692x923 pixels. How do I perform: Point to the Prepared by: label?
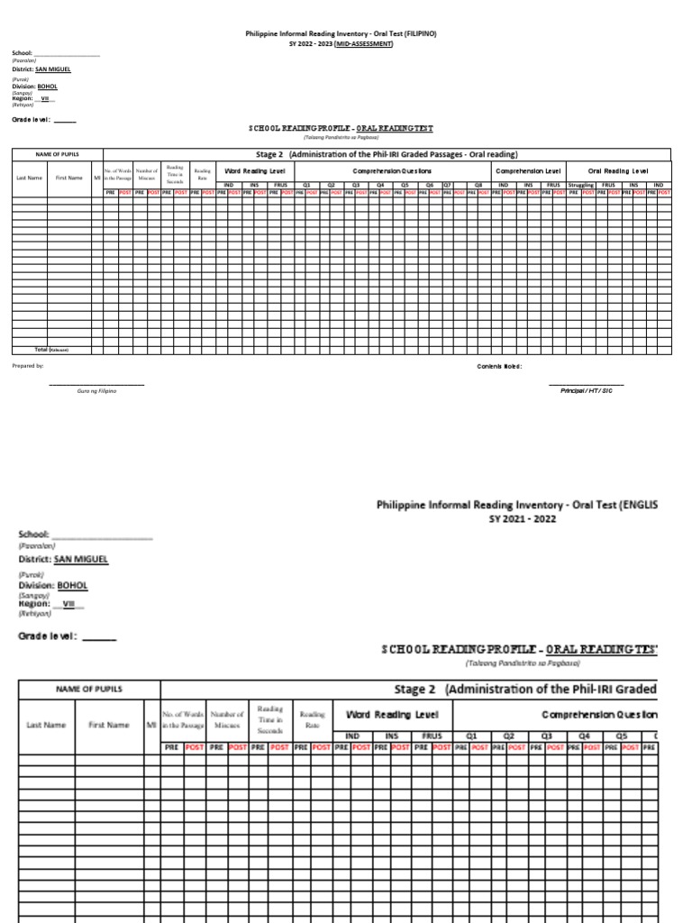[x=27, y=366]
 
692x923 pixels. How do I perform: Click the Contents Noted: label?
[x=499, y=366]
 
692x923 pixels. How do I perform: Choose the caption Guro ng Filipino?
[x=97, y=390]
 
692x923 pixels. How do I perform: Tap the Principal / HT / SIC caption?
[x=586, y=390]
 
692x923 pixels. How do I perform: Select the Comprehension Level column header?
[x=528, y=170]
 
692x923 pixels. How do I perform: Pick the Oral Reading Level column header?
[x=618, y=170]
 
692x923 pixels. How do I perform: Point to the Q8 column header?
[x=478, y=185]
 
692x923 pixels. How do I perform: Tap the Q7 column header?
[x=447, y=185]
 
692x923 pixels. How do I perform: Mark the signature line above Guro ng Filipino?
[x=96, y=385]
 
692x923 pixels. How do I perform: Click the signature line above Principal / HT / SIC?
[x=586, y=385]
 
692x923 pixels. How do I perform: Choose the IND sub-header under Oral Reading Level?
[x=659, y=185]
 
